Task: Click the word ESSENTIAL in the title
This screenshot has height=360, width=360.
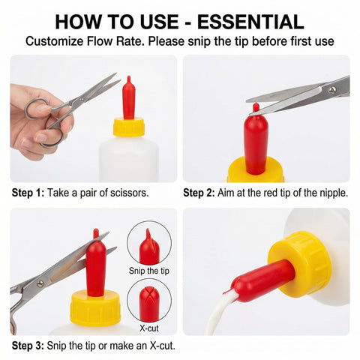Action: [x=250, y=22]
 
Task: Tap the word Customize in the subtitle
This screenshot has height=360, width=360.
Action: [x=54, y=41]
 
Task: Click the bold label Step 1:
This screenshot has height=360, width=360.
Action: [x=28, y=193]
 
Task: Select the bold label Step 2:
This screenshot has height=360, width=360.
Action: [x=199, y=193]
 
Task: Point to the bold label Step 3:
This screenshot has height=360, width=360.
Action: [x=28, y=346]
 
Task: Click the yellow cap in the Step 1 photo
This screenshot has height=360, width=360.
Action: [x=129, y=127]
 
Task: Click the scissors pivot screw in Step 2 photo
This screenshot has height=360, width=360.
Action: [x=332, y=90]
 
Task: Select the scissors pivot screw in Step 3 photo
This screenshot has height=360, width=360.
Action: [x=40, y=283]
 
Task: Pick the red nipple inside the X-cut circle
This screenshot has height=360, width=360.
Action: [x=149, y=304]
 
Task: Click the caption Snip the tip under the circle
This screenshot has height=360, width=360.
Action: [x=149, y=271]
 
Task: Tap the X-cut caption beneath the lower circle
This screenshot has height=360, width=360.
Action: [x=149, y=328]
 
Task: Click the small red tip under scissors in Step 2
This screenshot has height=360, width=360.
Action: [x=256, y=108]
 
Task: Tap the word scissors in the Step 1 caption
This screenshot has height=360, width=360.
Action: [x=130, y=193]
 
